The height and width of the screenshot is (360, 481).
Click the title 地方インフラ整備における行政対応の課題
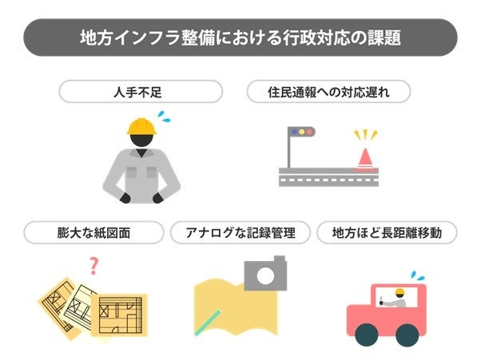(x=240, y=38)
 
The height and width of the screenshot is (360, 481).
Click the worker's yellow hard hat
(x=141, y=126)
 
